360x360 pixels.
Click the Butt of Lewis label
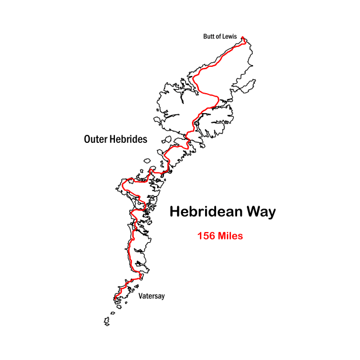click(220, 37)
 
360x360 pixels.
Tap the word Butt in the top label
click(209, 37)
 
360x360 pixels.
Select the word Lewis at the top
click(229, 37)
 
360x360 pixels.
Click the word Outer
click(95, 139)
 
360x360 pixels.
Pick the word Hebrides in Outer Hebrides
click(129, 139)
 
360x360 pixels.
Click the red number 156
click(206, 235)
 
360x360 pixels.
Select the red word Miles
click(230, 235)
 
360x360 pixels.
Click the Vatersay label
click(151, 296)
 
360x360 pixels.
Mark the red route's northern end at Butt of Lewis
click(243, 38)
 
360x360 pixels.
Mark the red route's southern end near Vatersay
click(115, 298)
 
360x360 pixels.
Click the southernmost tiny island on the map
click(107, 323)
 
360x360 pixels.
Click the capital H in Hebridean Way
click(175, 212)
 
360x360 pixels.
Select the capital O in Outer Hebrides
click(87, 139)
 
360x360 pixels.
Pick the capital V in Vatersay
click(141, 296)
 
